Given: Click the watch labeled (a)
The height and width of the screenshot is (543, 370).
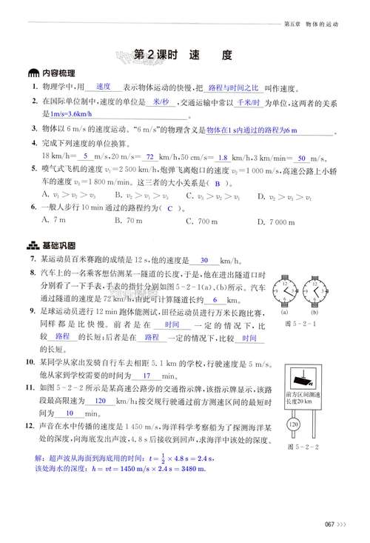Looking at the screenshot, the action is click(285, 292).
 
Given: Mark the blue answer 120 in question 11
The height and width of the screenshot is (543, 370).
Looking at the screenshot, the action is click(102, 400).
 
